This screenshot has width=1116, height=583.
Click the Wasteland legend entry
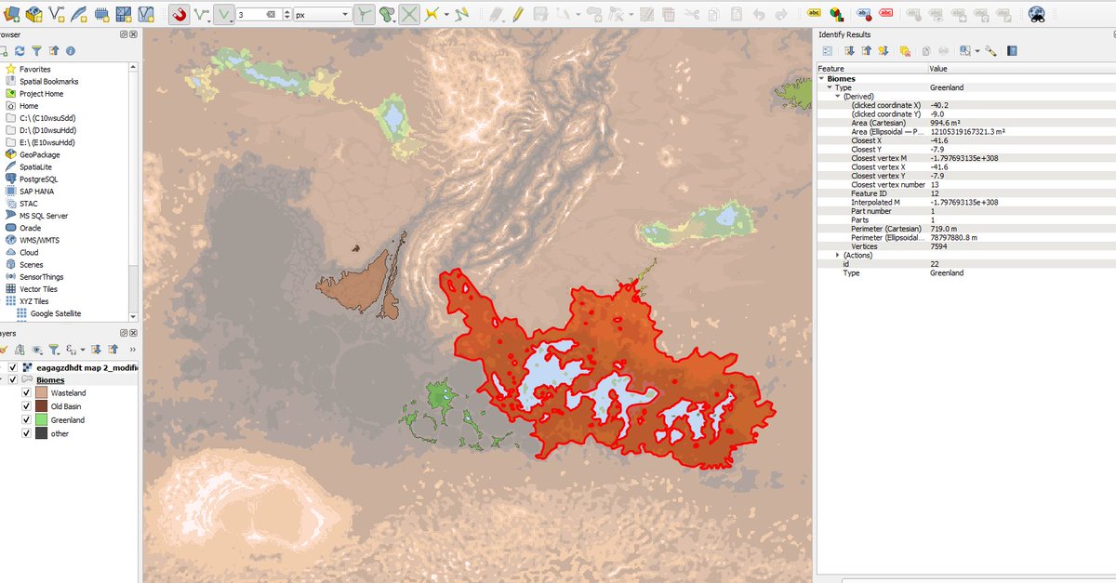pos(68,393)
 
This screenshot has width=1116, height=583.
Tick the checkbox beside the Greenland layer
pos(26,420)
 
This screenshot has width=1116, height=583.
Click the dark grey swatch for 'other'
pos(41,433)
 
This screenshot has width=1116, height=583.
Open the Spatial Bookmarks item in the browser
pos(48,82)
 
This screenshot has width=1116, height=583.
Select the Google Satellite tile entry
pos(55,313)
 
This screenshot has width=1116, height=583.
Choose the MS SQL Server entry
pos(44,216)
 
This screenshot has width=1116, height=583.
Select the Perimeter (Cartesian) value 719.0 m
pos(947,229)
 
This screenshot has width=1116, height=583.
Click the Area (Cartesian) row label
pos(884,123)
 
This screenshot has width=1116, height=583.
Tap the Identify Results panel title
pos(844,34)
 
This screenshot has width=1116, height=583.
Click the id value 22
pos(934,264)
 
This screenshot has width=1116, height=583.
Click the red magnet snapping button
pos(179,15)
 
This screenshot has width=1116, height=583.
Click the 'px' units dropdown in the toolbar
pos(321,15)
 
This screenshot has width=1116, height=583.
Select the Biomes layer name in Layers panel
pos(50,380)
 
